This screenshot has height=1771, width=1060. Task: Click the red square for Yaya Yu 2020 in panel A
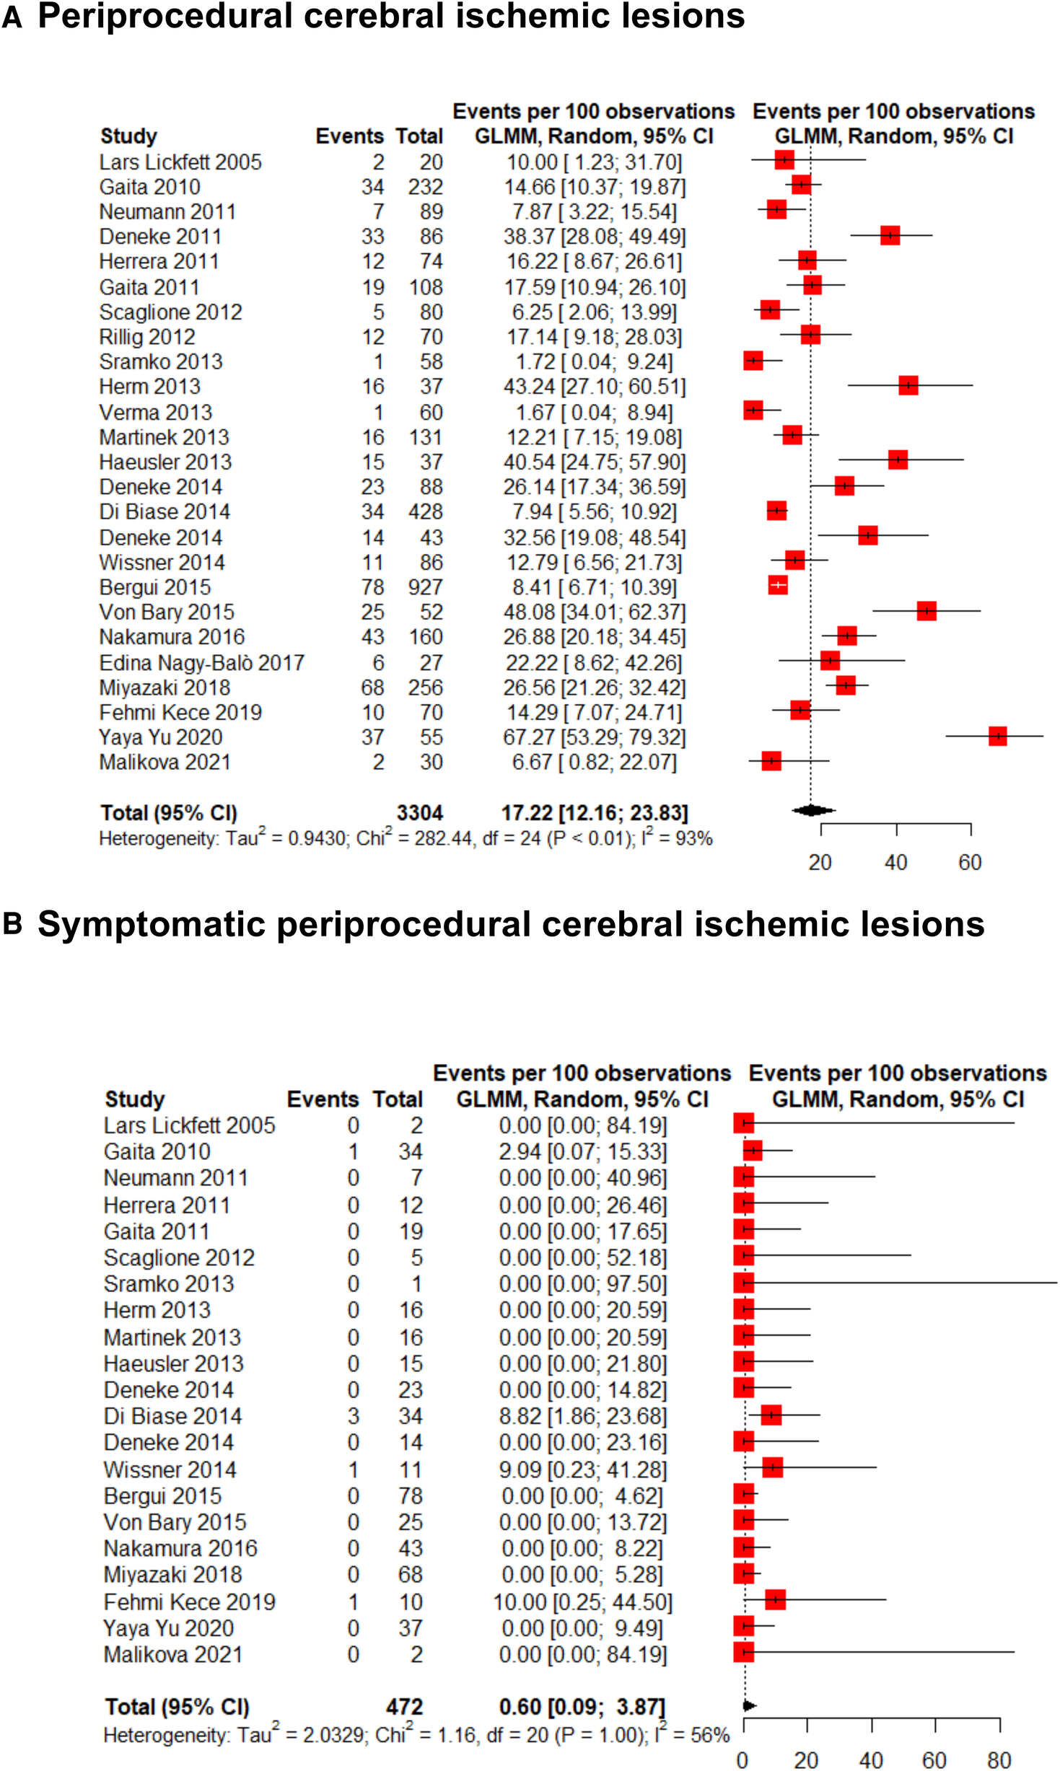pyautogui.click(x=997, y=736)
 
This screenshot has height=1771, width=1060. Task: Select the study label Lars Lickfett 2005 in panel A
pyautogui.click(x=180, y=162)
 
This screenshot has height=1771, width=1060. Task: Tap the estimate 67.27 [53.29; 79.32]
pyautogui.click(x=594, y=737)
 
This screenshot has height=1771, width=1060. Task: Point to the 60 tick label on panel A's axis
pyautogui.click(x=970, y=862)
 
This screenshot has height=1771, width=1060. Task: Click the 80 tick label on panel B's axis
pyautogui.click(x=999, y=1759)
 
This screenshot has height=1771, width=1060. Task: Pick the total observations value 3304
pyautogui.click(x=419, y=813)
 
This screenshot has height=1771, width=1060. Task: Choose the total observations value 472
pyautogui.click(x=404, y=1706)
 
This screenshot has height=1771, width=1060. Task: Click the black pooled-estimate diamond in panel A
pyautogui.click(x=812, y=810)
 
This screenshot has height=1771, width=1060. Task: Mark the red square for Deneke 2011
pyautogui.click(x=890, y=235)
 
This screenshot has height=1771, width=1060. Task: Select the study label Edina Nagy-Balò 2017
pyautogui.click(x=202, y=662)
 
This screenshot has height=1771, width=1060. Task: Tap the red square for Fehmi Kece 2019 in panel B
pyautogui.click(x=775, y=1599)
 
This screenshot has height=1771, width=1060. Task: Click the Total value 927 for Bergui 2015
pyautogui.click(x=425, y=587)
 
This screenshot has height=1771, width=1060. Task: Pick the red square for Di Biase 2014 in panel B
pyautogui.click(x=771, y=1415)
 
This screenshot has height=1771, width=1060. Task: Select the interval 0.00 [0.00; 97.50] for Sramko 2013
pyautogui.click(x=583, y=1283)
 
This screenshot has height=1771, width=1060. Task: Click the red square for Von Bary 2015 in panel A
pyautogui.click(x=927, y=611)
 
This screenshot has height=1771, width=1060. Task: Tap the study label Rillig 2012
pyautogui.click(x=147, y=337)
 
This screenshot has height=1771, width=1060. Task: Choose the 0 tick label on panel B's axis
pyautogui.click(x=743, y=1759)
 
